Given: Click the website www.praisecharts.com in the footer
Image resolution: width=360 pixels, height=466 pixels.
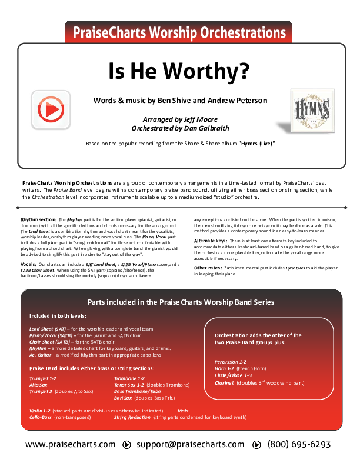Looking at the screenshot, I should coord(71,445).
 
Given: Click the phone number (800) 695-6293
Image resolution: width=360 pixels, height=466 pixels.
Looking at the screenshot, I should coord(299,445).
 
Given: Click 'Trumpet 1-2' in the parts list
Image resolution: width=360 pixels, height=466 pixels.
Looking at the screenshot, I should coord(43,378).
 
